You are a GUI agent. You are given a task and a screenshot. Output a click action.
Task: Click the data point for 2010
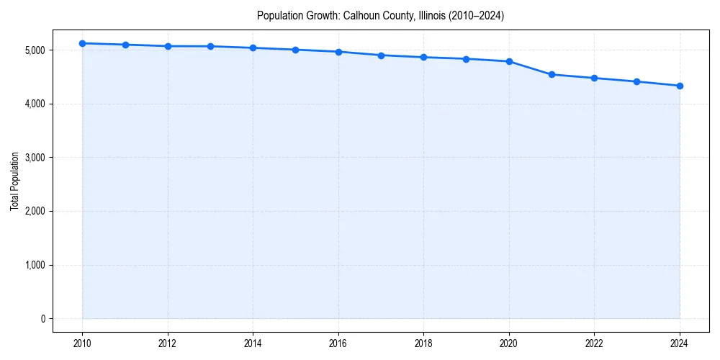(83, 43)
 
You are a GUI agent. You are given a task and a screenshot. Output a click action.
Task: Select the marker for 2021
(552, 74)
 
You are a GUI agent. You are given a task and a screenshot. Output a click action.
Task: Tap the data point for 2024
(680, 86)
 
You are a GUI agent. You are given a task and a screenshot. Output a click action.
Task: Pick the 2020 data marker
(509, 61)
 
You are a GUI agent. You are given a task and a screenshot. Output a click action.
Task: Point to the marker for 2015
(296, 50)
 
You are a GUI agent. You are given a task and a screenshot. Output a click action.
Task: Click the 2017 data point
(381, 55)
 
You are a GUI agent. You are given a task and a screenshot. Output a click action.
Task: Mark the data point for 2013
(210, 46)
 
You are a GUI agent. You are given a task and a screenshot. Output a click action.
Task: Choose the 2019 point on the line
(467, 59)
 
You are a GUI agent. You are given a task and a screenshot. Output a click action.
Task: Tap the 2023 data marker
(637, 81)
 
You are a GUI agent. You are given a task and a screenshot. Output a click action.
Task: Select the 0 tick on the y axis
(42, 319)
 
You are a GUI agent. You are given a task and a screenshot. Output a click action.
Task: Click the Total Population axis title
(14, 181)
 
